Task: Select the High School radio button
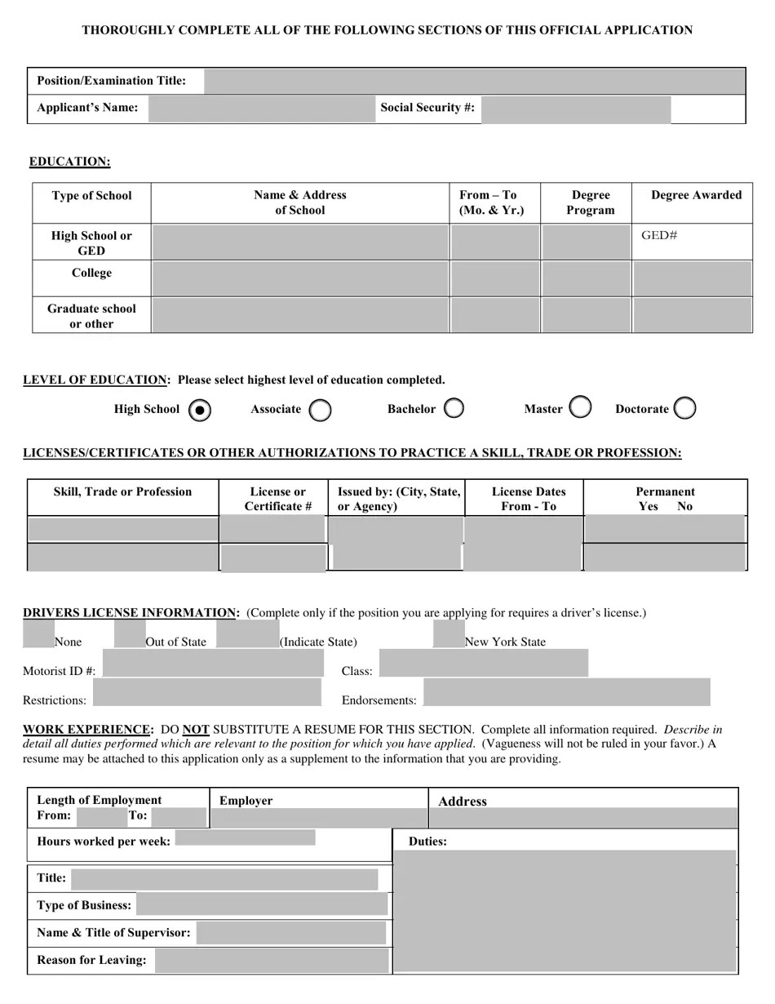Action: click(199, 411)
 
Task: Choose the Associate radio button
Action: click(321, 410)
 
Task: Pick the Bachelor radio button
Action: click(454, 408)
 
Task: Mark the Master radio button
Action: click(580, 407)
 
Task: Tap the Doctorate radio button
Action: click(685, 408)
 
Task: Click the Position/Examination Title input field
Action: click(474, 82)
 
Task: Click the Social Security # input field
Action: click(575, 109)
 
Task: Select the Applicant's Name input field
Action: click(261, 109)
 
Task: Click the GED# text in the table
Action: click(659, 236)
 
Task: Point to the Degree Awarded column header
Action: click(696, 195)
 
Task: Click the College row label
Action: click(91, 273)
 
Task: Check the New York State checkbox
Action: click(449, 634)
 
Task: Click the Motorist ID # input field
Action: click(213, 664)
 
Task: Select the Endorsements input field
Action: click(566, 692)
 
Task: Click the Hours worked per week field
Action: click(245, 837)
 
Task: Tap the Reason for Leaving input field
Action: click(272, 961)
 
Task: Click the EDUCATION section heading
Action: click(69, 162)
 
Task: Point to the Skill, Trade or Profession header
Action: click(122, 492)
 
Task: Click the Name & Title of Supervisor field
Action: click(290, 933)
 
